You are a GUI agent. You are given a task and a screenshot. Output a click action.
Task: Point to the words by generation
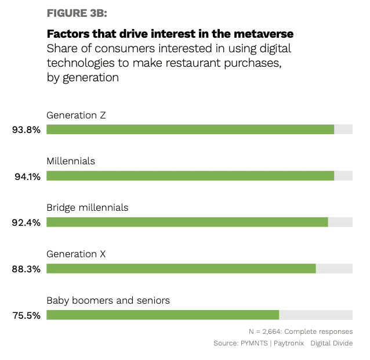click(x=83, y=77)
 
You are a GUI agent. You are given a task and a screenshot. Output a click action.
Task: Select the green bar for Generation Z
click(x=190, y=129)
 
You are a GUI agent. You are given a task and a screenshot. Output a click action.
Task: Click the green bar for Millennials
click(x=190, y=176)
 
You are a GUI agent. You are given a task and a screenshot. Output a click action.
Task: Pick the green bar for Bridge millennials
click(x=187, y=222)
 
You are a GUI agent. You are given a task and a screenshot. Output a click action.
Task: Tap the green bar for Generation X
click(x=181, y=268)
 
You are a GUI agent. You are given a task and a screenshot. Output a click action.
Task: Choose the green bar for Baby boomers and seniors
click(x=162, y=315)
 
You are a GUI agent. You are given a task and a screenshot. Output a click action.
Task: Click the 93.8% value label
click(x=27, y=130)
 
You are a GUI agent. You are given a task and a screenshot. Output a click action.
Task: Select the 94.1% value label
click(x=27, y=177)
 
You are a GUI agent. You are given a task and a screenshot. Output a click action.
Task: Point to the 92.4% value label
click(x=27, y=223)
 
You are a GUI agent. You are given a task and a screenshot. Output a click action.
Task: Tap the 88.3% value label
click(x=27, y=269)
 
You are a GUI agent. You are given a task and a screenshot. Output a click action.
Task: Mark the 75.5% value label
click(x=27, y=315)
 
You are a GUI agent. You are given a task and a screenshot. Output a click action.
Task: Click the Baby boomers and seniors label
click(x=108, y=300)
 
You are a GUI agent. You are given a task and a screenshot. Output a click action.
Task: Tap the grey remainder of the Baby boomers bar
click(x=315, y=315)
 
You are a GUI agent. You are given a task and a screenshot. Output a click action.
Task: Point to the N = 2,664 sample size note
click(x=300, y=331)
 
